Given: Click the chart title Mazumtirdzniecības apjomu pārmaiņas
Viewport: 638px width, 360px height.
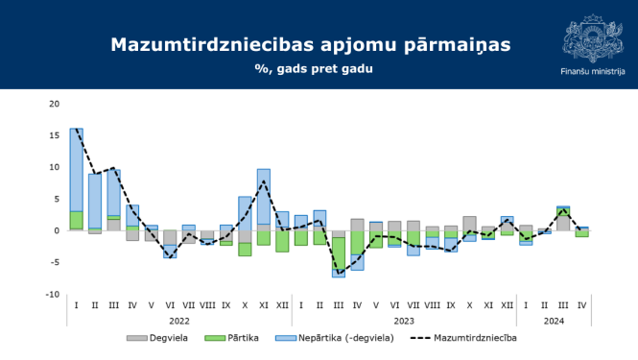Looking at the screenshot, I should coord(311,45).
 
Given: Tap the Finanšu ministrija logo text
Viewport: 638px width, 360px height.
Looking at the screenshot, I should coord(593,71).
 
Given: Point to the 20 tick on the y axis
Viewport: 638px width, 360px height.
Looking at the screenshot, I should coord(54,104).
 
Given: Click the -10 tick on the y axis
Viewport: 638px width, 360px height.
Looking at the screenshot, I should coord(52,295).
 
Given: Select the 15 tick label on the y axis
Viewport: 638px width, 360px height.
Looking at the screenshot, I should coord(54,135).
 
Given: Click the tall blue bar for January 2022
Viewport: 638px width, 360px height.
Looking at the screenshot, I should coord(77,169).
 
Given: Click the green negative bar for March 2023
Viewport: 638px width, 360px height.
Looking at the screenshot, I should coord(338,253).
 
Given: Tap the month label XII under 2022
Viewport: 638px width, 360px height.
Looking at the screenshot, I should coord(282,305).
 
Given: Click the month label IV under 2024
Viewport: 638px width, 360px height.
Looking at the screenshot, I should coord(581,305).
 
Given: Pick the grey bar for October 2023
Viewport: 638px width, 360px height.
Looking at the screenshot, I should coord(469,223).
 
